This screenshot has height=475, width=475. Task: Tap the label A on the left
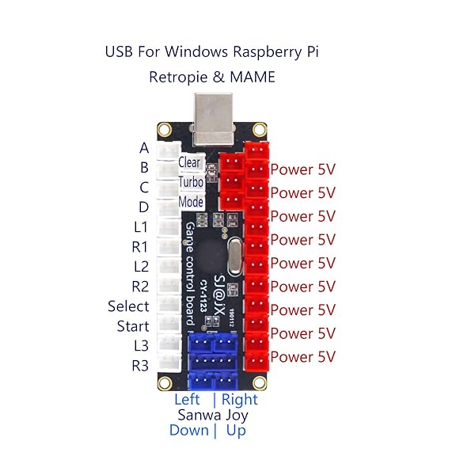[x=143, y=148]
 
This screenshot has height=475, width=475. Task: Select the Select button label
[x=128, y=306]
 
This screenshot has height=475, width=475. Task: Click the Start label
[x=132, y=326]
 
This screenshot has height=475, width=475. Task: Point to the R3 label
[x=140, y=366]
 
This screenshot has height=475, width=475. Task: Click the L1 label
[x=140, y=227]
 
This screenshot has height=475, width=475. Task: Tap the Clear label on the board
[x=190, y=162]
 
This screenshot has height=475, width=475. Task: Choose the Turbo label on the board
[x=191, y=182]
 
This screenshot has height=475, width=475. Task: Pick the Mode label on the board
[x=191, y=202]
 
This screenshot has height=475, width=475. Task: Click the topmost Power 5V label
[x=302, y=169]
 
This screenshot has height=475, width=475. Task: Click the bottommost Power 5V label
[x=302, y=357]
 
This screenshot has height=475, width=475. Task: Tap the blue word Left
[x=187, y=400]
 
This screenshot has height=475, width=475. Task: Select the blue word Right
[x=240, y=400]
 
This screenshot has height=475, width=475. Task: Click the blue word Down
[x=188, y=430]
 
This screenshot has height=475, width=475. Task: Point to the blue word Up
[x=236, y=430]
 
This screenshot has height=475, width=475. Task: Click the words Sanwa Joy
[x=212, y=415]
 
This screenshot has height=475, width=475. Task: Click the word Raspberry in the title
[x=267, y=52]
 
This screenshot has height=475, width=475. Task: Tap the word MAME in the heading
[x=254, y=78]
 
